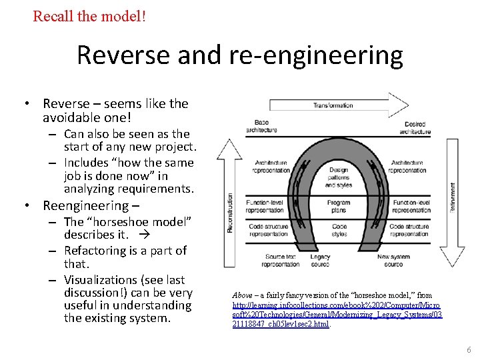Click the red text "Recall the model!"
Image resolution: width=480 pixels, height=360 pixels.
89,15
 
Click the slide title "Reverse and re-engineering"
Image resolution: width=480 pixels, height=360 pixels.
239,55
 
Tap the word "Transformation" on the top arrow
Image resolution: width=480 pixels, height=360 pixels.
333,105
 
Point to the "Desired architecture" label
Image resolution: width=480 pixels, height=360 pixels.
415,128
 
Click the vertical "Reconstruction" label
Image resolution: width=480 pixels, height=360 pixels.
231,213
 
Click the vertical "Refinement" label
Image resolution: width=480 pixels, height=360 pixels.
453,199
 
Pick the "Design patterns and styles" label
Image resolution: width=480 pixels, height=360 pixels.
339,177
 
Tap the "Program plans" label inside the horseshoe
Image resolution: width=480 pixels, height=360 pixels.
339,206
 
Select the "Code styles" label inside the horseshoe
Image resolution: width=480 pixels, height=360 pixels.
339,231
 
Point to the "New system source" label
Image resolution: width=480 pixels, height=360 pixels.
393,260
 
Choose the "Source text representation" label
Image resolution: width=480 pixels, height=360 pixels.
281,260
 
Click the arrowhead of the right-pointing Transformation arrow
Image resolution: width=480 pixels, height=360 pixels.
399,105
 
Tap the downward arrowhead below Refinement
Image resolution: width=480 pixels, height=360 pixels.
453,257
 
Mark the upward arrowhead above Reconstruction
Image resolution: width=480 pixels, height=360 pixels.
231,148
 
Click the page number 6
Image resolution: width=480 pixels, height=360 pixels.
469,349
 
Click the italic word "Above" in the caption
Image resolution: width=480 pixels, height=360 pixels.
242,295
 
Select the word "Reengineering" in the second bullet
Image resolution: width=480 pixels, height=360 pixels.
85,205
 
